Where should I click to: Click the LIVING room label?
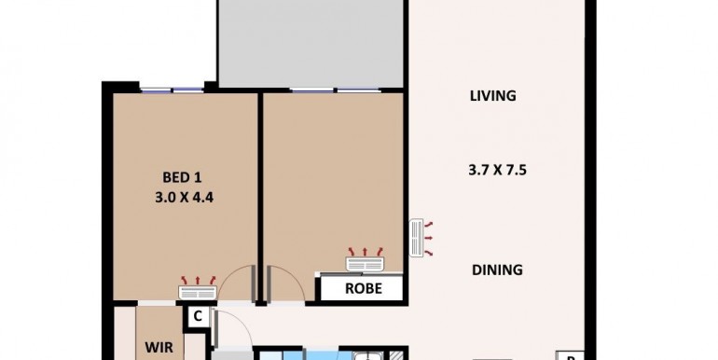click(493, 96)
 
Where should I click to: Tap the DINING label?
click(497, 270)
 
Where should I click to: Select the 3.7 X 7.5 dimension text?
click(497, 171)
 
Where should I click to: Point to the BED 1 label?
click(182, 177)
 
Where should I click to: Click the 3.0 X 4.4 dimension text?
click(184, 198)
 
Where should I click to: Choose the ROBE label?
click(363, 288)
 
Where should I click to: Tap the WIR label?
click(159, 347)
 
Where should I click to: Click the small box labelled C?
click(198, 317)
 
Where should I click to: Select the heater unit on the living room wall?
click(416, 238)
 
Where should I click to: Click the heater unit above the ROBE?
click(365, 264)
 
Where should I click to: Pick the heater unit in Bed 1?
click(198, 292)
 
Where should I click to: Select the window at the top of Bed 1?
click(172, 90)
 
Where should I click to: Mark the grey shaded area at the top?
click(311, 43)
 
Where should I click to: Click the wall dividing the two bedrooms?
click(260, 197)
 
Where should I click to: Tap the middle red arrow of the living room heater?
click(429, 238)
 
